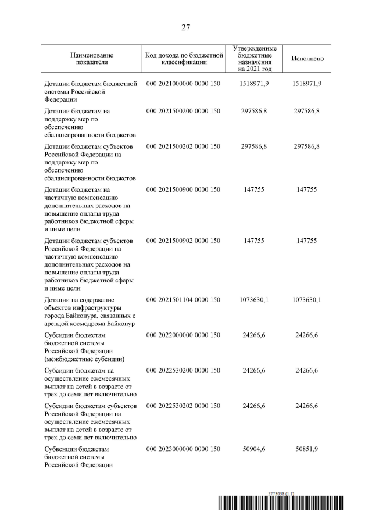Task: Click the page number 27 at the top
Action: (186, 27)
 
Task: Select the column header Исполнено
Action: (307, 59)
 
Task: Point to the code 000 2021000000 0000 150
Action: (184, 84)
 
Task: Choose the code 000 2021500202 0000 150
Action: (184, 147)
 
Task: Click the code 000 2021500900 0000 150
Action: (184, 189)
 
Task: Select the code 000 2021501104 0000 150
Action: (184, 300)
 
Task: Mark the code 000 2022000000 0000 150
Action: (184, 335)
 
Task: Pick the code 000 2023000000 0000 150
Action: (184, 450)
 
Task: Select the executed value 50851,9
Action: (307, 450)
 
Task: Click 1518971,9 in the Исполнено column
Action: (307, 84)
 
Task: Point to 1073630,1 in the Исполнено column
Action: (307, 300)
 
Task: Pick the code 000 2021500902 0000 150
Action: (184, 241)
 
